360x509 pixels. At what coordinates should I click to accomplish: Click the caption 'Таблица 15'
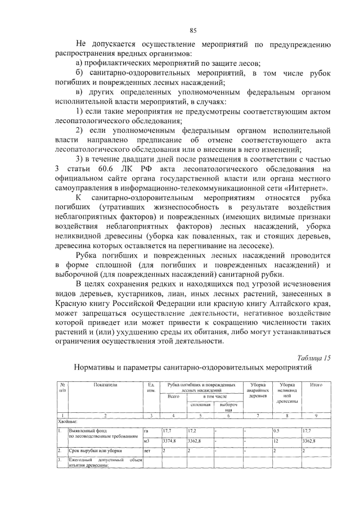(x=313, y=358)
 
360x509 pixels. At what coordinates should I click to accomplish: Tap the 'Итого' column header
(x=316, y=385)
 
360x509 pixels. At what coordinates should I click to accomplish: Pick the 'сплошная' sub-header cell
(x=201, y=404)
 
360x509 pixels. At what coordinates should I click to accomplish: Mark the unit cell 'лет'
(x=147, y=451)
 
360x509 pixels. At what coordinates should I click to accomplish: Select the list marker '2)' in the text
(x=80, y=130)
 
